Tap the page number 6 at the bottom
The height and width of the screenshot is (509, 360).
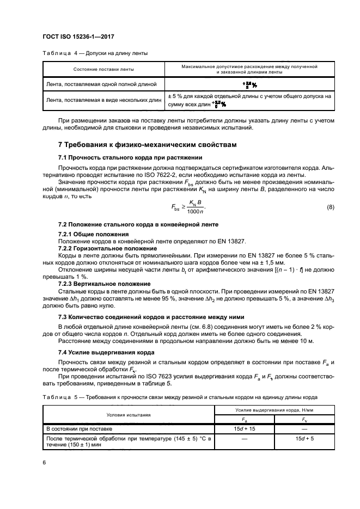[x=44, y=462]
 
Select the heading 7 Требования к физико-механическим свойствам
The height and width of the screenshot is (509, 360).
[x=147, y=144]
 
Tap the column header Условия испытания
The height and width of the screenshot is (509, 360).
[x=129, y=414]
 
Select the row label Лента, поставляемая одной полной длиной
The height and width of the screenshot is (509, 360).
[x=102, y=84]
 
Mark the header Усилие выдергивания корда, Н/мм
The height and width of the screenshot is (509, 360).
[x=271, y=409]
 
